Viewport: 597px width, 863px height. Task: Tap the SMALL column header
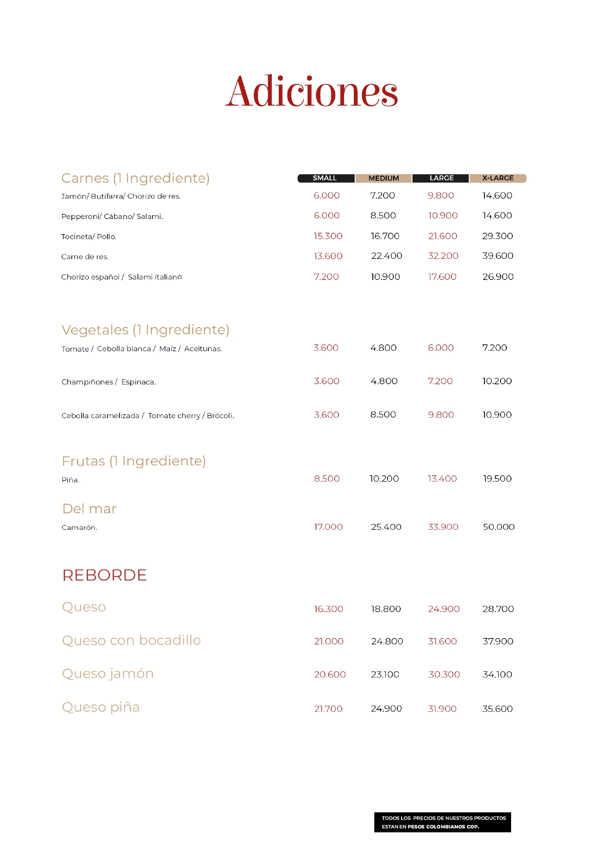tap(325, 178)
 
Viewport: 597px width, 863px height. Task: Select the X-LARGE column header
tap(498, 178)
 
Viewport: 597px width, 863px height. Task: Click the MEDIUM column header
tap(384, 178)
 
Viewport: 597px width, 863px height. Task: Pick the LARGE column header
tap(441, 178)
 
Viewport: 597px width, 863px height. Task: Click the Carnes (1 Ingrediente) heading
tap(135, 178)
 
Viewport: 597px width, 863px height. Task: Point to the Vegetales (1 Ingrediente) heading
tap(145, 330)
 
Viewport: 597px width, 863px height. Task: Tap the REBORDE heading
tap(104, 575)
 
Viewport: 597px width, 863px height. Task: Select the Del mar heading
tap(89, 509)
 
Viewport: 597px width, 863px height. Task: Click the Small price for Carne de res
tap(328, 256)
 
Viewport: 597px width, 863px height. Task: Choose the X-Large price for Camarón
tap(499, 527)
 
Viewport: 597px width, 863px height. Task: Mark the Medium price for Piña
tap(384, 479)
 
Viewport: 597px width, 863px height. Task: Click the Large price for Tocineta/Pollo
tap(442, 236)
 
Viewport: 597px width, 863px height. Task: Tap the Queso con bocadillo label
tap(131, 641)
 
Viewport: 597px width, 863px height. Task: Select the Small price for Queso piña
tap(328, 709)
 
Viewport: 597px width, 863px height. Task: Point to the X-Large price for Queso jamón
tap(497, 675)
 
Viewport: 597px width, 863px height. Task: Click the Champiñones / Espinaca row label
tap(109, 382)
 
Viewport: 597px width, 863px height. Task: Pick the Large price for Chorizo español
tap(442, 277)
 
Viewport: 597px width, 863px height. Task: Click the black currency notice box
tap(442, 822)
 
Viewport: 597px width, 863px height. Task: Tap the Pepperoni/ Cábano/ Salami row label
tap(112, 216)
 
